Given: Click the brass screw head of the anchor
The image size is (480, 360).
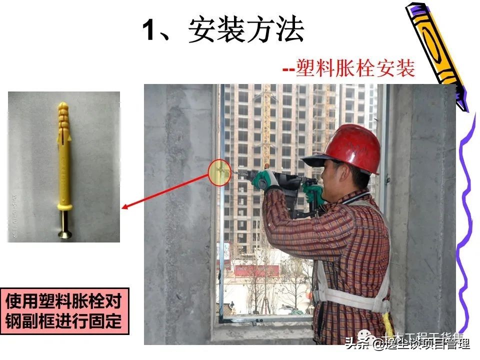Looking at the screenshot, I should pyautogui.click(x=64, y=232).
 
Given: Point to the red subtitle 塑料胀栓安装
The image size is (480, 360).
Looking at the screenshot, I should pyautogui.click(x=355, y=68).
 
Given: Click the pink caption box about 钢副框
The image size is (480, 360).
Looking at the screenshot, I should pyautogui.click(x=64, y=311).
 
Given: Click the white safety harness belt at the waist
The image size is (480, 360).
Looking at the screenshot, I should pyautogui.click(x=350, y=300).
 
